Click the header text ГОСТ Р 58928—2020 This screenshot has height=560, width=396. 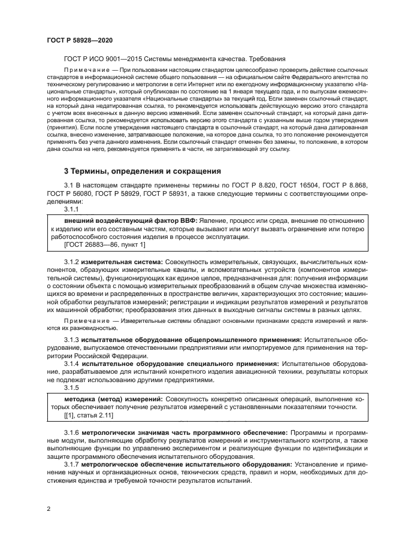(79, 40)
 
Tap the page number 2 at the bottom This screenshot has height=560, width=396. (49, 508)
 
